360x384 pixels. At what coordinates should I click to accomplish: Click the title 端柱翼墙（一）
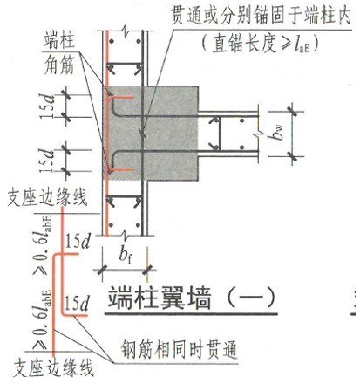(x=191, y=298)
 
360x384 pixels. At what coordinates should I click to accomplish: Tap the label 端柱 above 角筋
(x=60, y=42)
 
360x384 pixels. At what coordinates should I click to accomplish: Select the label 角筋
(x=60, y=65)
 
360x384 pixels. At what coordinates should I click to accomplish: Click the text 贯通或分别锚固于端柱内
(x=261, y=16)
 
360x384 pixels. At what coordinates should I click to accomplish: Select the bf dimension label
(x=126, y=255)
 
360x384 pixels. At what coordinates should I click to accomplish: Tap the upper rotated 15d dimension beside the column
(x=47, y=106)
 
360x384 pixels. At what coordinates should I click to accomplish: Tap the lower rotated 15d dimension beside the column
(x=46, y=161)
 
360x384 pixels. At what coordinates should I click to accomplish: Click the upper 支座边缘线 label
(x=48, y=197)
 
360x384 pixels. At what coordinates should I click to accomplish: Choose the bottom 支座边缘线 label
(x=53, y=368)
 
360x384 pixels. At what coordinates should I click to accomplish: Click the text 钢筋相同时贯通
(x=179, y=349)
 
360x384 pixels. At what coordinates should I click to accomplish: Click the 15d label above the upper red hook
(x=78, y=241)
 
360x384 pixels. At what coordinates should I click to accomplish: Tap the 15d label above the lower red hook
(x=76, y=304)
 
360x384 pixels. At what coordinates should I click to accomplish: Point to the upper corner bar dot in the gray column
(x=110, y=94)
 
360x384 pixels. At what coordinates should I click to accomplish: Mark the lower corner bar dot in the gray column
(x=110, y=172)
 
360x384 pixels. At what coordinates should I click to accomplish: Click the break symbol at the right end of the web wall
(x=258, y=134)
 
